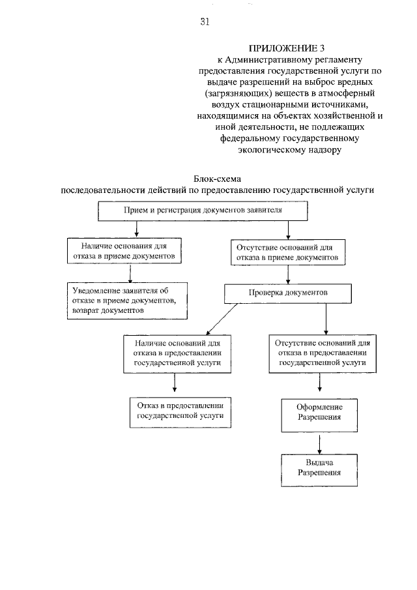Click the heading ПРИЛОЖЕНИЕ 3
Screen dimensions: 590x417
point(286,48)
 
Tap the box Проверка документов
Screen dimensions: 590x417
point(287,293)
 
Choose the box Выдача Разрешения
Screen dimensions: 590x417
point(319,467)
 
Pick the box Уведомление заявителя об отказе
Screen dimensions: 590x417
point(128,300)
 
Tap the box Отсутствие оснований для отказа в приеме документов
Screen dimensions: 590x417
point(287,252)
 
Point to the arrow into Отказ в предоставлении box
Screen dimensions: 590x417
point(174,383)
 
